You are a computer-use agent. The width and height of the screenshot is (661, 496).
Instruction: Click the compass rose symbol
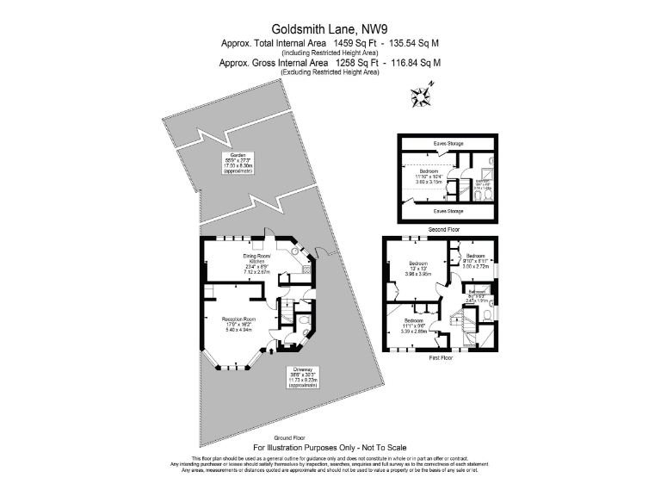[x=423, y=96]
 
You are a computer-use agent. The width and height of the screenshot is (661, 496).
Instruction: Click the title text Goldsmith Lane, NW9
[x=330, y=28]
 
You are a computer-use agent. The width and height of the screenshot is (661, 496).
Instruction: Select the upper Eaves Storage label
[x=448, y=144]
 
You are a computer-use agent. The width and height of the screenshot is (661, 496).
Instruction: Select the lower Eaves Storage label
[x=448, y=210]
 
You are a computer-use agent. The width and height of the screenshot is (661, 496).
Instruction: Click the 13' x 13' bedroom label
[x=419, y=269]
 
